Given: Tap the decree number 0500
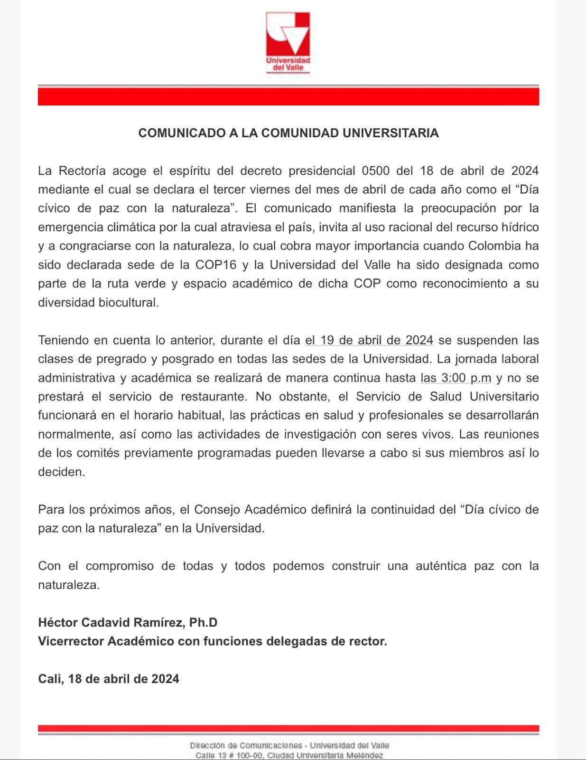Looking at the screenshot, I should (x=376, y=171).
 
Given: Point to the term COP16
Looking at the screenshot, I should (x=215, y=265).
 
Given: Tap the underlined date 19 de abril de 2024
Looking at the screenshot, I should (x=369, y=340).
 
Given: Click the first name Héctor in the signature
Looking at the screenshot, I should (x=58, y=623).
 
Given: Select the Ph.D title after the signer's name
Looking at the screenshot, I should (x=203, y=623).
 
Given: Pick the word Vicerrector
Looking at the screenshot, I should (x=71, y=641).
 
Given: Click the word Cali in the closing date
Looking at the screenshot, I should (x=50, y=679).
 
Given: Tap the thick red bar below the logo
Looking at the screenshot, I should (x=288, y=96).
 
